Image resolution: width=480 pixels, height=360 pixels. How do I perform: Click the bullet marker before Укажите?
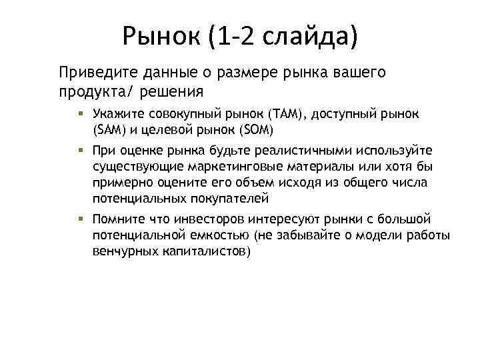click(79, 114)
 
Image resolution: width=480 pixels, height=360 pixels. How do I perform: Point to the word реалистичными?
click(288, 152)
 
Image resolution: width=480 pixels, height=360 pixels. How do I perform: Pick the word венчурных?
click(126, 251)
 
